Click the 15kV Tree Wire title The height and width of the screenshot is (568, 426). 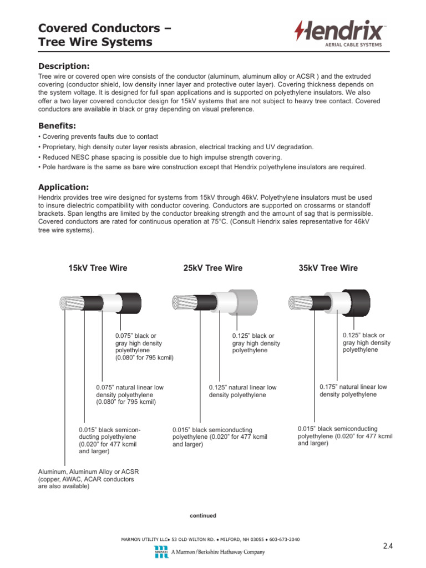click(98, 268)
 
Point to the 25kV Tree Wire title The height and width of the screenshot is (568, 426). click(212, 268)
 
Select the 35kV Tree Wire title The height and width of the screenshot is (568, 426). click(328, 268)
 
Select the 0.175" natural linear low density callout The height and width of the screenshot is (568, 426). click(353, 390)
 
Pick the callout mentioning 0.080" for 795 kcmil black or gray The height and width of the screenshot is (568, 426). click(144, 347)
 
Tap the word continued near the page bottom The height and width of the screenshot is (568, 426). click(203, 515)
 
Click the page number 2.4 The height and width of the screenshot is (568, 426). click(388, 546)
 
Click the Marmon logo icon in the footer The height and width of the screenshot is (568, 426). click(160, 552)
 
